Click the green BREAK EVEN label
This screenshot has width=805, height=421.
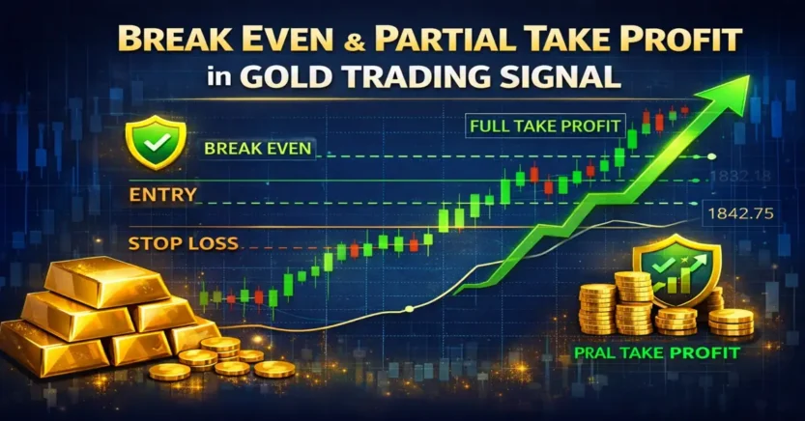(x=258, y=150)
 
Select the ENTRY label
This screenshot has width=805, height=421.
(x=162, y=195)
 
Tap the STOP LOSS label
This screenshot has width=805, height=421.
(x=183, y=242)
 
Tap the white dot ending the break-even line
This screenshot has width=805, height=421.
(x=711, y=156)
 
